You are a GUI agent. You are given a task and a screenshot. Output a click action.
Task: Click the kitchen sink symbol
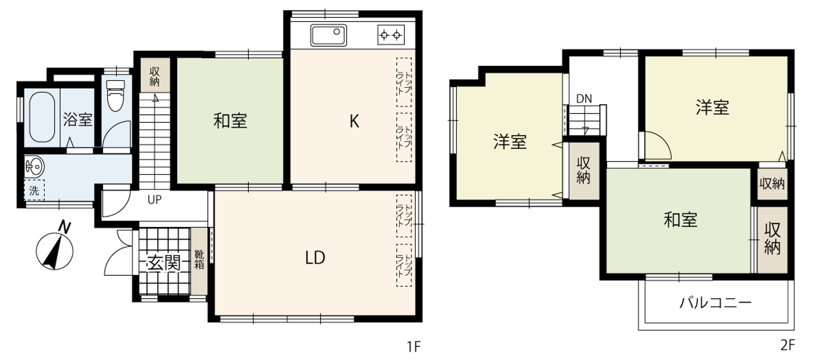coord(329,35)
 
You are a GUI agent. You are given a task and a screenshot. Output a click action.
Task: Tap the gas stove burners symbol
coord(391,35)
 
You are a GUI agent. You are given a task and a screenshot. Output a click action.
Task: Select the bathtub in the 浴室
coord(42,117)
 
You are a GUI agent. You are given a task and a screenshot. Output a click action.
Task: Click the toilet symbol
coord(116,96)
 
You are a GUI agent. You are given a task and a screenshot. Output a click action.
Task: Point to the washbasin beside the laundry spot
coord(35,166)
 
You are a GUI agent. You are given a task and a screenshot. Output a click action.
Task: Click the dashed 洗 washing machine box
coord(34,190)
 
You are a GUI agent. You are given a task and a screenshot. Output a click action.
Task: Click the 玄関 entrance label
coord(164,263)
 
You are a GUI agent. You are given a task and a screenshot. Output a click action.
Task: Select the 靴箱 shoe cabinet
coord(199,260)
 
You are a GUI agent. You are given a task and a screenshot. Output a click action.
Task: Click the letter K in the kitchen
coord(354,121)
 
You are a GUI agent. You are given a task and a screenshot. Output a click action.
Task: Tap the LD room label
coord(315,258)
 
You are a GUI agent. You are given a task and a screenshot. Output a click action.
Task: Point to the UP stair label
coord(155,200)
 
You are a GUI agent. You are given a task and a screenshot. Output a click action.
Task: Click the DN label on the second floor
coord(584,99)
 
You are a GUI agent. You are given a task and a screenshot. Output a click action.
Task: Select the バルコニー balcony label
coord(716,303)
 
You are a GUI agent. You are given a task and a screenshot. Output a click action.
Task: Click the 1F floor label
coord(414,346)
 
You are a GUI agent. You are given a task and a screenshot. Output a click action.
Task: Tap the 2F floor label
coord(787,345)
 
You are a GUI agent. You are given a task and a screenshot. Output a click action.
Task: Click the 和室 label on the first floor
coord(230,121)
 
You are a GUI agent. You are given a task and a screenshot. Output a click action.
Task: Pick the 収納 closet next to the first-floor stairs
coord(155,76)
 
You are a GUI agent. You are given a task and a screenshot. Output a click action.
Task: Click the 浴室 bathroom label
coord(77,119)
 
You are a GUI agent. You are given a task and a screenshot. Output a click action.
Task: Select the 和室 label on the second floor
coord(681,220)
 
